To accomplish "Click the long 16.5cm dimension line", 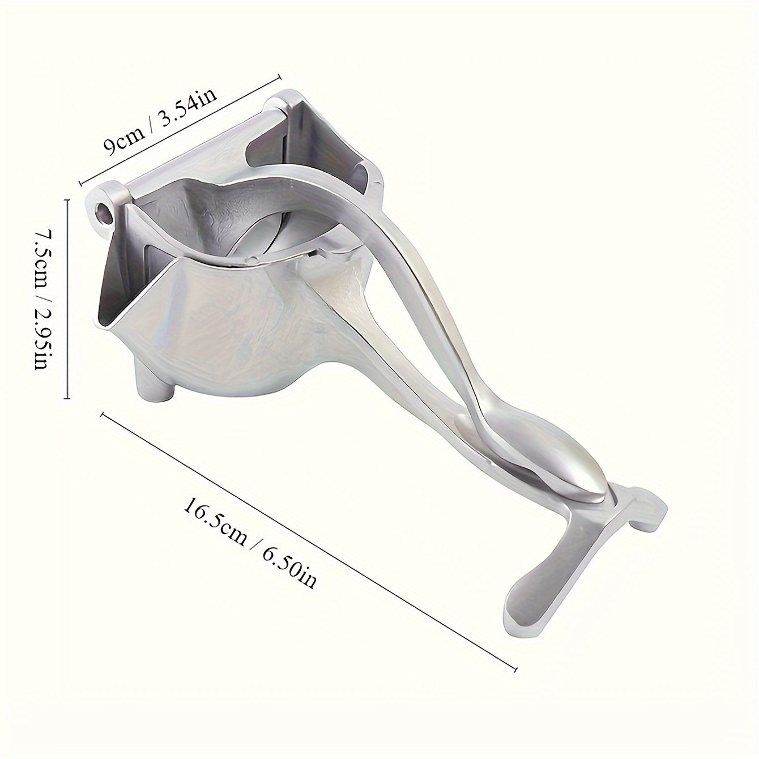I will (309, 541).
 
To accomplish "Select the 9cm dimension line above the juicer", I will (181, 124).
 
